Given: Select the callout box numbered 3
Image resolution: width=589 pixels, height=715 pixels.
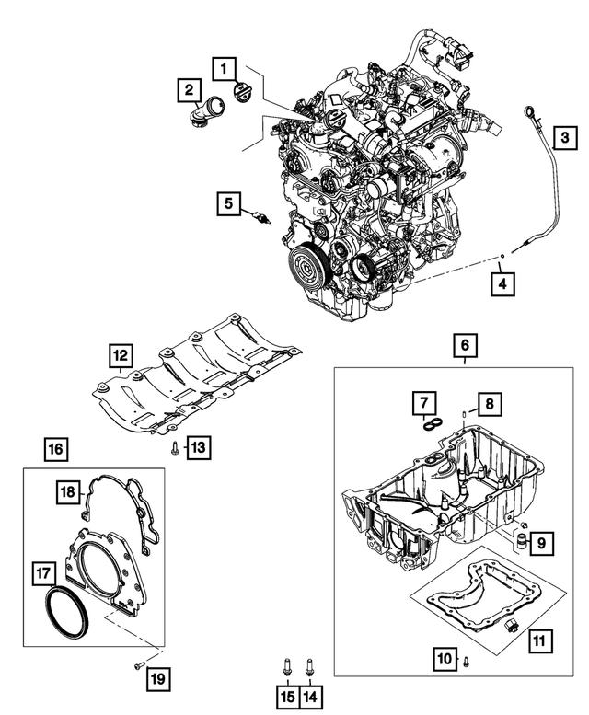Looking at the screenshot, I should pos(566,138).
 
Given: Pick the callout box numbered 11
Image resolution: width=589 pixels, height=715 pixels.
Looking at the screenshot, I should pos(538,636).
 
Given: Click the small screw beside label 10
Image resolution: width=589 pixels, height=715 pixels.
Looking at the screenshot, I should pos(467,659).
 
